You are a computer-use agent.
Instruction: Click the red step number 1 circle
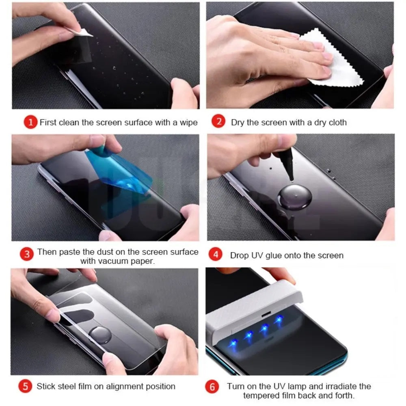coord(30,122)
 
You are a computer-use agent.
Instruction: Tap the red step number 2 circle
coord(218,122)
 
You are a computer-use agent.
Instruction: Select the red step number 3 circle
coord(27,254)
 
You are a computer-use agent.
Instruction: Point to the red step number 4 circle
coord(215,255)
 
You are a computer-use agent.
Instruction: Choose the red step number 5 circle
coord(26,386)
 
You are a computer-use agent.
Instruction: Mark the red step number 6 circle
coord(212,387)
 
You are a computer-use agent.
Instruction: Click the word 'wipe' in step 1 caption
coord(188,122)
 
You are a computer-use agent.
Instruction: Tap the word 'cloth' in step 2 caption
coord(337,122)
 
